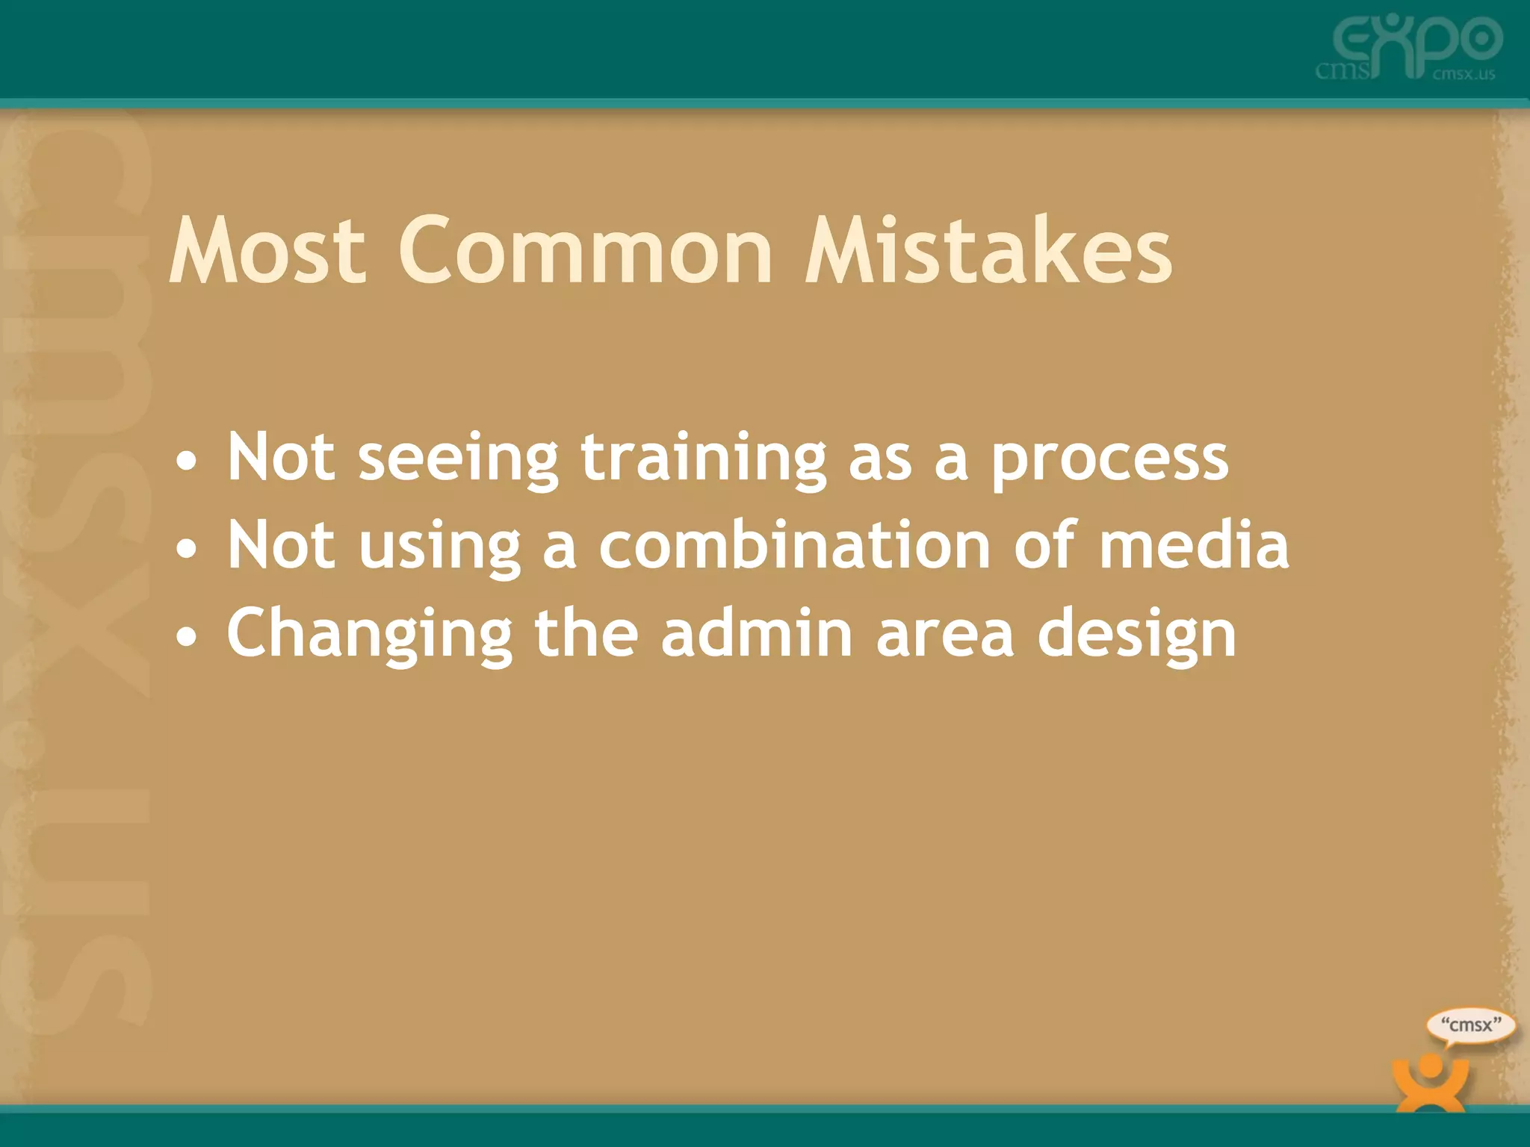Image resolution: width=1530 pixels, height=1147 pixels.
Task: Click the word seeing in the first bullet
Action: click(x=458, y=459)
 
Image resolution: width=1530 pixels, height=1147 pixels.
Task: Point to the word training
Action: click(x=704, y=459)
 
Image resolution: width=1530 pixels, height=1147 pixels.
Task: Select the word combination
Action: click(x=795, y=545)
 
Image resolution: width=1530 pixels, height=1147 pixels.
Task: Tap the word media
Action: click(x=1194, y=545)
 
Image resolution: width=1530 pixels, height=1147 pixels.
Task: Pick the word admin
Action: click(x=756, y=633)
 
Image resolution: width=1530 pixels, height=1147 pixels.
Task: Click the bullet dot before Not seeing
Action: click(x=187, y=461)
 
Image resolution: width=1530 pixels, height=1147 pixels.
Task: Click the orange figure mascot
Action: click(x=1430, y=1081)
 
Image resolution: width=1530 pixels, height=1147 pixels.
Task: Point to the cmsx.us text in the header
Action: click(x=1464, y=74)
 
